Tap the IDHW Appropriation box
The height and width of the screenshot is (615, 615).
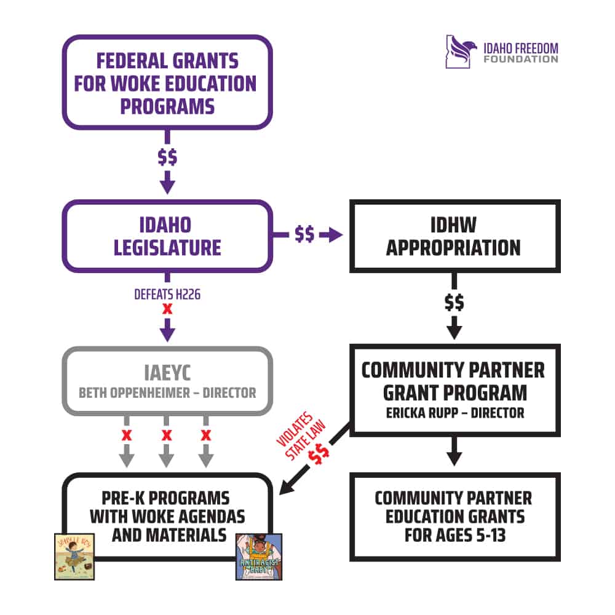pyautogui.click(x=454, y=236)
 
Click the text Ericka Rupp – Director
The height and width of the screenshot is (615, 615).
pyautogui.click(x=454, y=413)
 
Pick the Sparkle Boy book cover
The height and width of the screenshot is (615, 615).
pyautogui.click(x=74, y=556)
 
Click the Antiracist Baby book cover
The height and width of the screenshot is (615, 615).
pyautogui.click(x=258, y=556)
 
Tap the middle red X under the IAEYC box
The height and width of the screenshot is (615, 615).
pyautogui.click(x=166, y=436)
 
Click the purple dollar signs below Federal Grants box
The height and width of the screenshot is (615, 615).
pyautogui.click(x=167, y=157)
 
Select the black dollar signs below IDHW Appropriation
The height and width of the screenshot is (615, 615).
pyautogui.click(x=454, y=303)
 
